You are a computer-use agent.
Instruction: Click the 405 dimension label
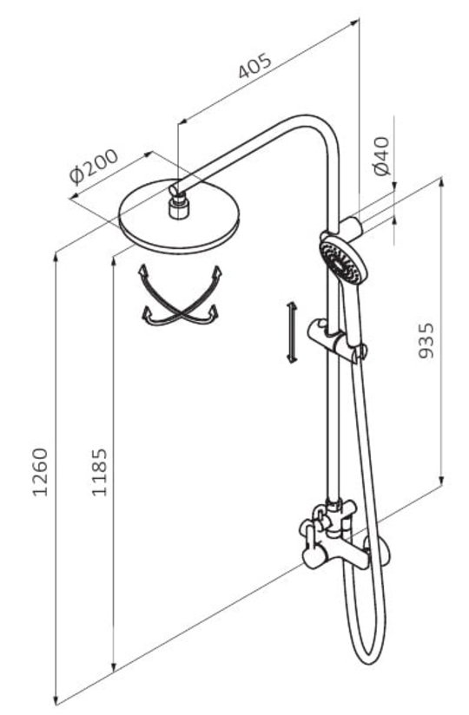[x=255, y=66]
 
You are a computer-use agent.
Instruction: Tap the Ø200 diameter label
[x=94, y=167]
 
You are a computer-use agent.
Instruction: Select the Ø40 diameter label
[x=382, y=156]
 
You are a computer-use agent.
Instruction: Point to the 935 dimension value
[x=426, y=341]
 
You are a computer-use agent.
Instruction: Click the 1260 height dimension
[x=40, y=472]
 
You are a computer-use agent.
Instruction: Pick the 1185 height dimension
[x=99, y=472]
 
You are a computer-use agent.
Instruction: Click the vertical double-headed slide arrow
[x=291, y=332]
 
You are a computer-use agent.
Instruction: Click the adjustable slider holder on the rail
[x=336, y=340]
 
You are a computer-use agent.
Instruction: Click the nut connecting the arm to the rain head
[x=178, y=207]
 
